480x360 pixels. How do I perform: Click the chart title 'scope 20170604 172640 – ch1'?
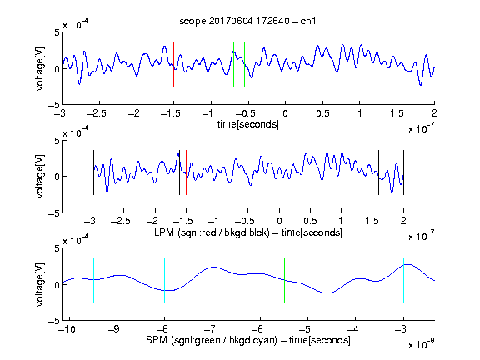(x=247, y=21)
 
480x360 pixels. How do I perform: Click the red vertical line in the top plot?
(x=173, y=65)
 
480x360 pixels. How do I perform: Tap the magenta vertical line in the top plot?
(x=397, y=65)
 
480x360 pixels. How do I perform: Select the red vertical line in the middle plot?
(x=186, y=172)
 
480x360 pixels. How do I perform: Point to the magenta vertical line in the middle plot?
(x=372, y=172)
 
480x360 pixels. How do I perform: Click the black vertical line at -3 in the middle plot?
(x=93, y=172)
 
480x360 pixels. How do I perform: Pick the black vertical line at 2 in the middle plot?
(x=403, y=172)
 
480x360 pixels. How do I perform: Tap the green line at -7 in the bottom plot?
(x=212, y=280)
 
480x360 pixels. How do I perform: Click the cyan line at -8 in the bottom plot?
(x=165, y=280)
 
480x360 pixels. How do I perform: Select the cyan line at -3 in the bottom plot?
(x=403, y=280)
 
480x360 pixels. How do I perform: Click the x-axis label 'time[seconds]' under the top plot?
(x=248, y=125)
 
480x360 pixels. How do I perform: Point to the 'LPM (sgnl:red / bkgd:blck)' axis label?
(x=212, y=232)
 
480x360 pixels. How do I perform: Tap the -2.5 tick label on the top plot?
(x=97, y=113)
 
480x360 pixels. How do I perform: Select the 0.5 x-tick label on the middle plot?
(x=310, y=221)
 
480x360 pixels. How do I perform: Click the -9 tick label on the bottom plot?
(x=114, y=329)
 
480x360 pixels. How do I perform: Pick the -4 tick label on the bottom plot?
(x=352, y=329)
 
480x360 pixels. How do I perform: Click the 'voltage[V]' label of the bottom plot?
(x=40, y=284)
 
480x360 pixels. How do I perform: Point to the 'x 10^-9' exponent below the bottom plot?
(x=421, y=344)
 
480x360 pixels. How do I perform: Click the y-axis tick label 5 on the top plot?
(x=57, y=32)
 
